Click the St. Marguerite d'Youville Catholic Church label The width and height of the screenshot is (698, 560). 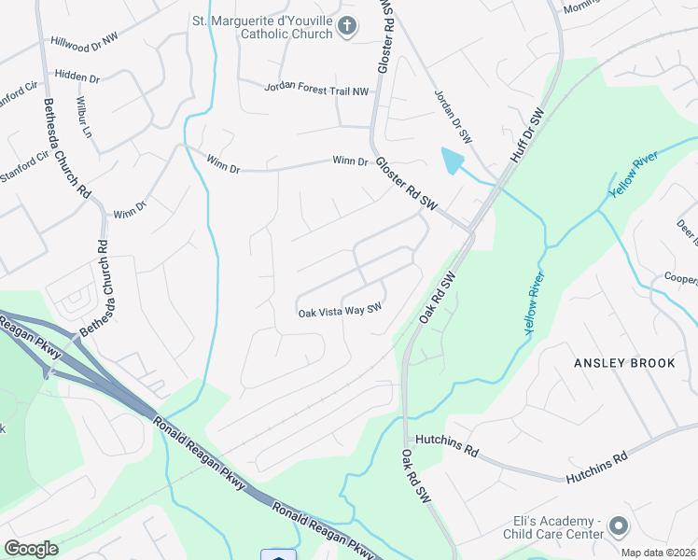[261, 27]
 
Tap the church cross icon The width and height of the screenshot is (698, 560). [347, 27]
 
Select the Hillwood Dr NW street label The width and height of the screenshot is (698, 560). [85, 43]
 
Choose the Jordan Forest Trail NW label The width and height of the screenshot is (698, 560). [317, 88]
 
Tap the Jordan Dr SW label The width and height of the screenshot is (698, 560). [453, 117]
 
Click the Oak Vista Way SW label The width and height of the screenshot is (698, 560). [341, 311]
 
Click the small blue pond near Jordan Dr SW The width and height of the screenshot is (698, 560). [451, 161]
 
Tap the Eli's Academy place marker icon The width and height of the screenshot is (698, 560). [619, 527]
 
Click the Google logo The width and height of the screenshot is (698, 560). [31, 548]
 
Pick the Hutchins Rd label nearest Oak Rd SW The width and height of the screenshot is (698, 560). [447, 444]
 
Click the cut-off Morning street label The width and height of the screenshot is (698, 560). [579, 6]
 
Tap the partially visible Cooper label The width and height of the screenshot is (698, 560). [680, 279]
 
